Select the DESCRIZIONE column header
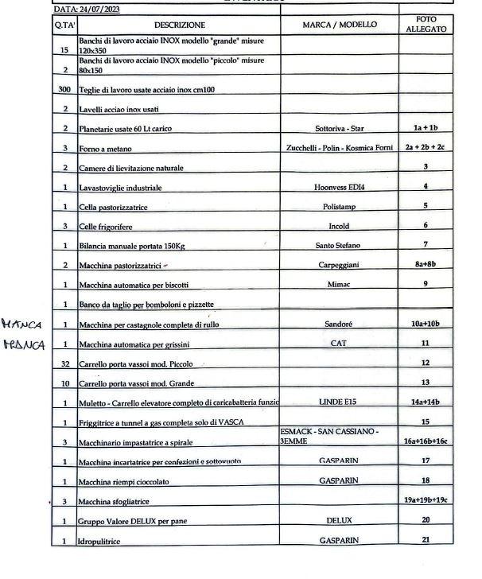179,25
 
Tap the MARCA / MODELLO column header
340,25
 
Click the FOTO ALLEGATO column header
426,24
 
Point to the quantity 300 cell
64,90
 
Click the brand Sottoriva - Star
340,128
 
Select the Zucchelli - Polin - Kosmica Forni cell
340,148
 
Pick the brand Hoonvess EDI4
340,188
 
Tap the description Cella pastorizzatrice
119,207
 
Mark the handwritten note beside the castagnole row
21,324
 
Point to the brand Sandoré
340,324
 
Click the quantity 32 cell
64,363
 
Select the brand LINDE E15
340,402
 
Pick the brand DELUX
340,520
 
